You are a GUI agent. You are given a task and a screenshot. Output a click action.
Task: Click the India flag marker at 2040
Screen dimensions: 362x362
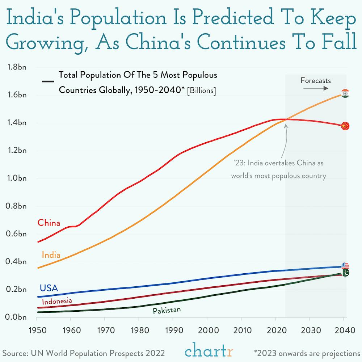pyautogui.click(x=345, y=93)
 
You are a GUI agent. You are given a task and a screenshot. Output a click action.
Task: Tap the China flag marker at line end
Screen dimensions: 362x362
pyautogui.click(x=345, y=126)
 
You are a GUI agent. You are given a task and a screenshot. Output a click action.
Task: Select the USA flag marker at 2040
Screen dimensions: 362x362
pyautogui.click(x=345, y=266)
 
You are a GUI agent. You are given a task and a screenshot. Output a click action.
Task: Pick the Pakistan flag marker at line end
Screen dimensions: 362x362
pyautogui.click(x=345, y=273)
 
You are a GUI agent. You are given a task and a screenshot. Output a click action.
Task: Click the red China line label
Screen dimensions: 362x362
pyautogui.click(x=49, y=223)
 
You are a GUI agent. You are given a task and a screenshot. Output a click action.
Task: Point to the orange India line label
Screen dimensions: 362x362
pyautogui.click(x=51, y=255)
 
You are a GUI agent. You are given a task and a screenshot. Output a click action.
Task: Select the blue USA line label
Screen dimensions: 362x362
pyautogui.click(x=49, y=288)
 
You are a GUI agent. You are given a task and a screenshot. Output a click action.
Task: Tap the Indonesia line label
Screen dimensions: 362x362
pyautogui.click(x=57, y=301)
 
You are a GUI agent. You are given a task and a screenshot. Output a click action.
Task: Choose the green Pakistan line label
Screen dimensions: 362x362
pyautogui.click(x=167, y=310)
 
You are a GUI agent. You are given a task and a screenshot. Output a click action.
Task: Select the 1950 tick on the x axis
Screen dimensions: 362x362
pyautogui.click(x=37, y=331)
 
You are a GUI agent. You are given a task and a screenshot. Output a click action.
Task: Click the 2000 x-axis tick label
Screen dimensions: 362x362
pyautogui.click(x=207, y=331)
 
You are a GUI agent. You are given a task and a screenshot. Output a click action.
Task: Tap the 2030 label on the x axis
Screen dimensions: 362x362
pyautogui.click(x=309, y=331)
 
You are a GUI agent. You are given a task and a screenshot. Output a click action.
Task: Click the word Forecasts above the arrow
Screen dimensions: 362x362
pyautogui.click(x=316, y=80)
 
